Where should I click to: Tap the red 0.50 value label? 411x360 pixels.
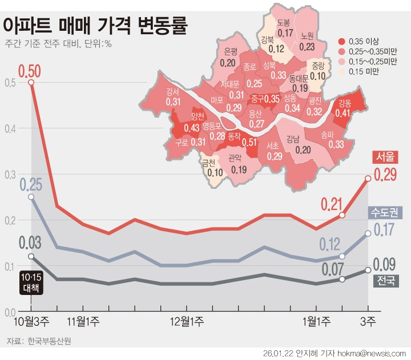(x=30, y=71)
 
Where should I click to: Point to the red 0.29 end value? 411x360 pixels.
(x=385, y=175)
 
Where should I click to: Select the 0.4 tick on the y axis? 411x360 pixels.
(x=8, y=128)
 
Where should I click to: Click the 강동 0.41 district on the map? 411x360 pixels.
(x=344, y=108)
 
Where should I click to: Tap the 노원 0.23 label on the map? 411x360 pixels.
(x=307, y=42)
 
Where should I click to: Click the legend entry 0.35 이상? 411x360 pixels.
(x=363, y=42)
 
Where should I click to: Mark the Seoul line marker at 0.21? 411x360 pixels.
(x=342, y=215)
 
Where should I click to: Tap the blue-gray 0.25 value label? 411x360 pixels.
(x=30, y=185)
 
